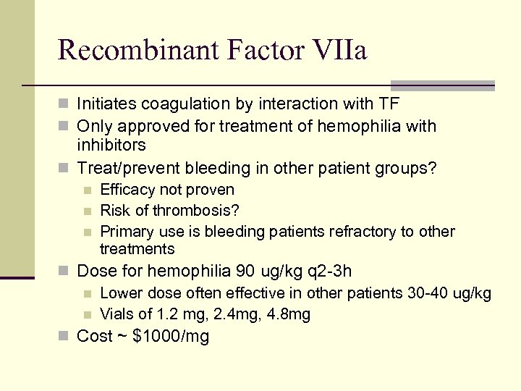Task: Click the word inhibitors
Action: tap(111, 144)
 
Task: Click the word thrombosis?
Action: tap(198, 211)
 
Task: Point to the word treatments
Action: tap(137, 249)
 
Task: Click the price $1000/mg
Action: tap(171, 337)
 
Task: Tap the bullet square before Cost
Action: tap(66, 337)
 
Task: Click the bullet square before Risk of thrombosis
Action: tap(88, 211)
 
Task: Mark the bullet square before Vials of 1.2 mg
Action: tap(88, 315)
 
